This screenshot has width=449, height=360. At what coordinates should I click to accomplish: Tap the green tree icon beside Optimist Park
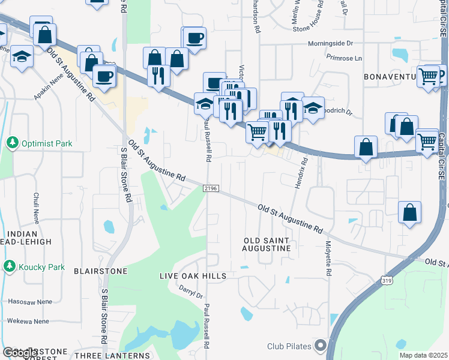(11, 143)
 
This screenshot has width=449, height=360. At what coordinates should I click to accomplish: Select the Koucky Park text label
(41, 265)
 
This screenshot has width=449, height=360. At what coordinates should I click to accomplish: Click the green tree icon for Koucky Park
(9, 265)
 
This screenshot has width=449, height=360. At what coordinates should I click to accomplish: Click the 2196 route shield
(210, 188)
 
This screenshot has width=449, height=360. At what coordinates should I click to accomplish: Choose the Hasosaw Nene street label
(28, 301)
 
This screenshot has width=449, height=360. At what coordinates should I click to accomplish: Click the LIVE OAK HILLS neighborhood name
(193, 276)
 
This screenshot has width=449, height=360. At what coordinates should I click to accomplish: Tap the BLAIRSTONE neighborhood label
(100, 271)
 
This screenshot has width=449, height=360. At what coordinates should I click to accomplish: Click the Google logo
(20, 353)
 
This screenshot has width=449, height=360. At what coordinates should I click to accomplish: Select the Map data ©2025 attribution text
(423, 355)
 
